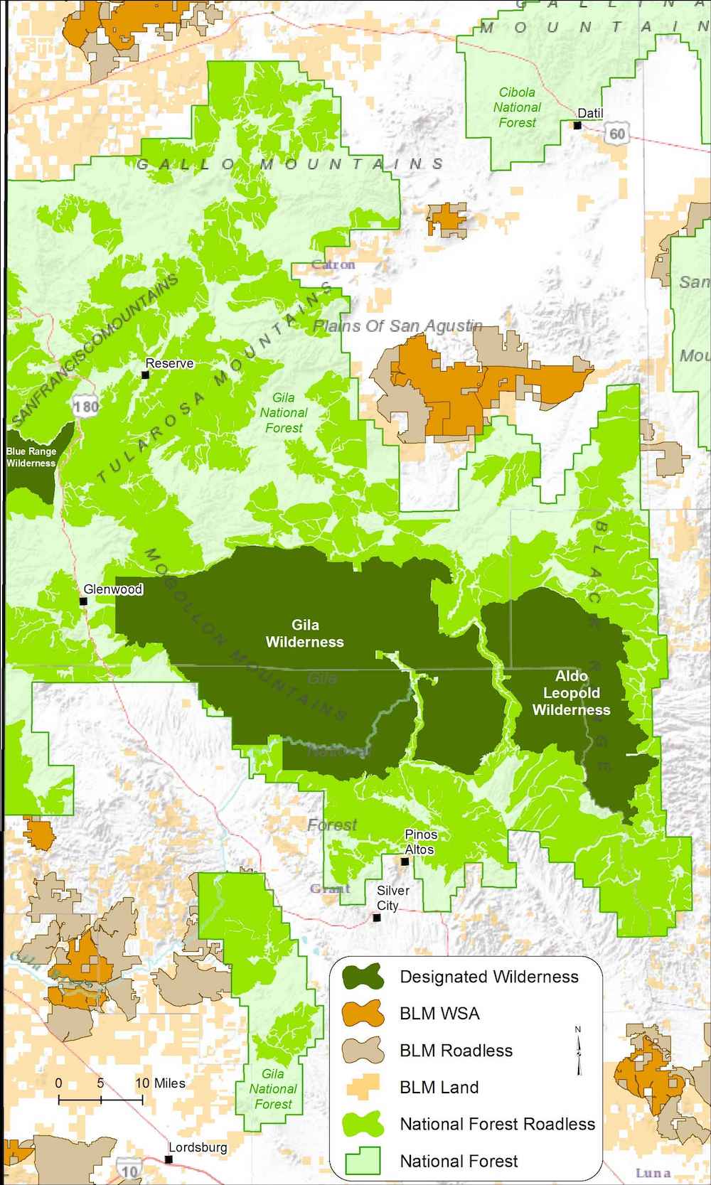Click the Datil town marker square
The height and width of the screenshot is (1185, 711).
[578, 126]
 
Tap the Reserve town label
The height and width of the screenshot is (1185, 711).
[170, 363]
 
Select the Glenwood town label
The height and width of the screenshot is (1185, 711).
[113, 589]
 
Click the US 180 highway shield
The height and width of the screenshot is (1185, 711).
[85, 407]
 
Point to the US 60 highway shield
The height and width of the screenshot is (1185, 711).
[617, 134]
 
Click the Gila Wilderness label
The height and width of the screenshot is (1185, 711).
[305, 633]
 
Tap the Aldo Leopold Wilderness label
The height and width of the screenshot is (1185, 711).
[571, 692]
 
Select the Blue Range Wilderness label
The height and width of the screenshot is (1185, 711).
[31, 457]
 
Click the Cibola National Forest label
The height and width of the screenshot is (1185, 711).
[517, 107]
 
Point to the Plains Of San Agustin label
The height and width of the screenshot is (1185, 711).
[398, 326]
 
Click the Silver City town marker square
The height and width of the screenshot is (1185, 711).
[378, 918]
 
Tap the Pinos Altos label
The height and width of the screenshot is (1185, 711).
[420, 842]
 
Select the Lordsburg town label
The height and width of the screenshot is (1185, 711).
[198, 1147]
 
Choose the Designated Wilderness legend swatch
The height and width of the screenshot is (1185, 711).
[362, 977]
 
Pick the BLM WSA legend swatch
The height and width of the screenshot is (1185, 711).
[362, 1014]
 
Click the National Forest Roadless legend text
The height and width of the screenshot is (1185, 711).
[497, 1124]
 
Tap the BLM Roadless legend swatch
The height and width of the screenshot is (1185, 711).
[362, 1051]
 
